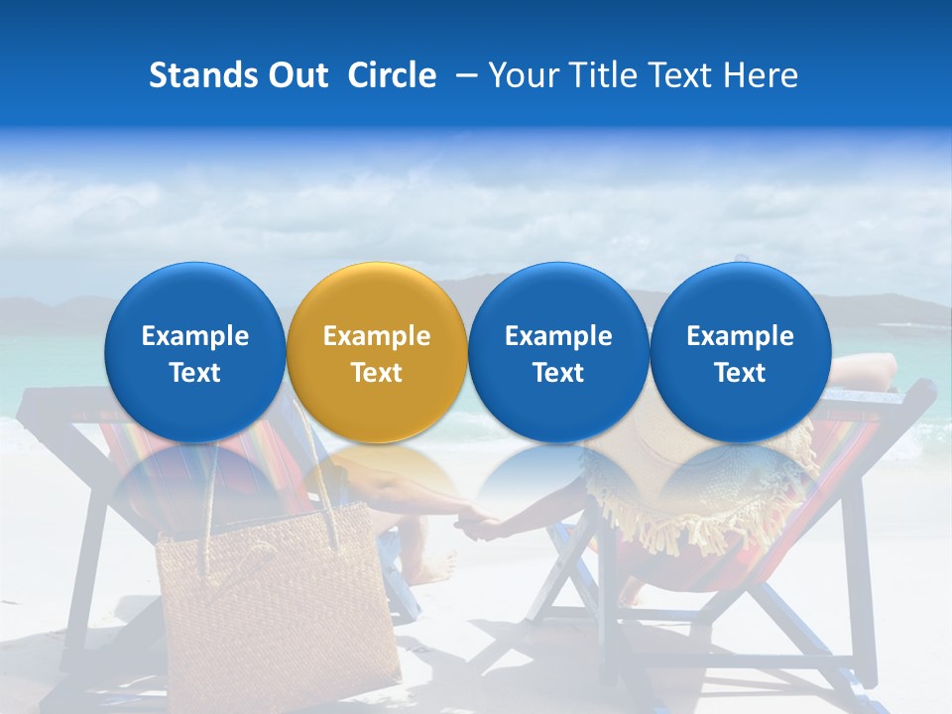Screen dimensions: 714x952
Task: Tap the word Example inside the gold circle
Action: coord(376,336)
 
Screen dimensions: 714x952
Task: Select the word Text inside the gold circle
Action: coord(376,373)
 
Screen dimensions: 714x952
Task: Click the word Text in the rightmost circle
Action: coord(740,373)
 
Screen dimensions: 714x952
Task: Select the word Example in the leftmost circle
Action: coord(194,336)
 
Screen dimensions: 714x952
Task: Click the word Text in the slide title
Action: coord(678,75)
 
